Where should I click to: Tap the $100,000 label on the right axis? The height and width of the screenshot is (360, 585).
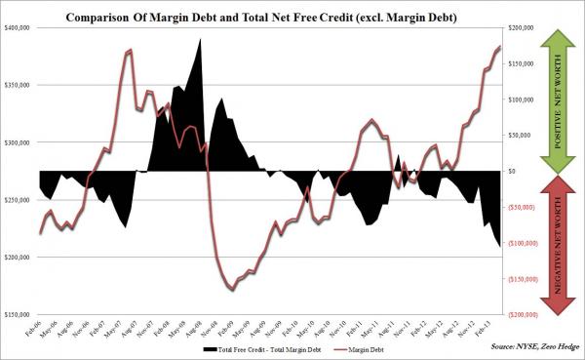click(524, 100)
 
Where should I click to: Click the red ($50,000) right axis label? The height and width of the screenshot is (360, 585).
click(525, 208)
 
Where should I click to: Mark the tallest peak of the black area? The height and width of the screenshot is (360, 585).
click(200, 40)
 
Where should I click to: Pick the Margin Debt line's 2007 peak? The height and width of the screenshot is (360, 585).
click(130, 50)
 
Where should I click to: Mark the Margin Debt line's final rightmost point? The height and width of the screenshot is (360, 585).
click(500, 47)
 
